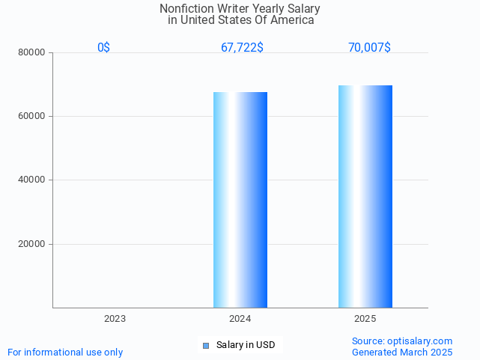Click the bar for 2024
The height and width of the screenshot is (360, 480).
pos(240,200)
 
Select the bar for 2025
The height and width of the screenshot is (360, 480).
pos(365,196)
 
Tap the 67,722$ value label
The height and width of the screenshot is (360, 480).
pos(242,47)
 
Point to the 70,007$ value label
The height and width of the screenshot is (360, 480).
pos(369,47)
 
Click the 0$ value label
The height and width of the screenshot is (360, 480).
pos(104,47)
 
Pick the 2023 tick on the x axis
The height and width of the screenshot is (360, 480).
pos(115,319)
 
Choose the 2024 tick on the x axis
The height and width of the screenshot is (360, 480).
pos(240,319)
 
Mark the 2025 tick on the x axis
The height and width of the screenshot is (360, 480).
pos(365,319)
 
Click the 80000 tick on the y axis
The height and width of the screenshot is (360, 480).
pos(32,53)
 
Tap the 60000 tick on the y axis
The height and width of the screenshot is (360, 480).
pos(32,117)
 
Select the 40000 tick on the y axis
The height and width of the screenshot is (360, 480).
pos(32,180)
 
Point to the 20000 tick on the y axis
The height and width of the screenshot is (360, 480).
pos(32,244)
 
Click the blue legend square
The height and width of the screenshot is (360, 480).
pos(206,345)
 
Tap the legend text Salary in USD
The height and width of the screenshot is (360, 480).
pos(246,345)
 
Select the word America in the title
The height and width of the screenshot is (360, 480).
pos(292,20)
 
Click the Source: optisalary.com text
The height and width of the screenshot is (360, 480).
pos(402,341)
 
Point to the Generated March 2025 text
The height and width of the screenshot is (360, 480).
pos(402,352)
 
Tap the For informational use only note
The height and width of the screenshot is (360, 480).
pos(65,352)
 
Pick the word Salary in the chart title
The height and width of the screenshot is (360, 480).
pos(303,9)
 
